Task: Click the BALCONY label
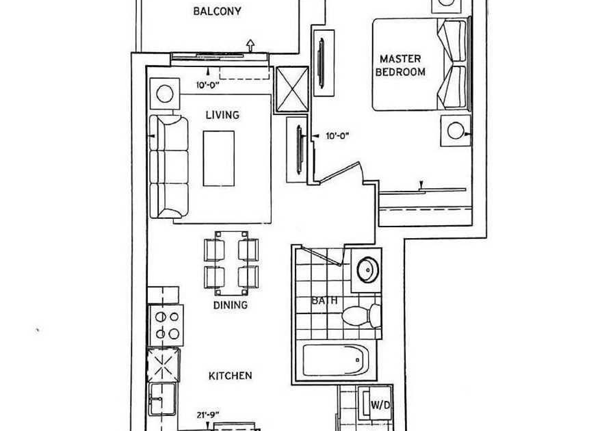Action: pyautogui.click(x=217, y=11)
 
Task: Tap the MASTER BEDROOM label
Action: pyautogui.click(x=400, y=66)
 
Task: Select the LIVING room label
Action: pyautogui.click(x=222, y=115)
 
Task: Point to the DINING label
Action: pyautogui.click(x=231, y=304)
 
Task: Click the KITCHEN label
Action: pyautogui.click(x=231, y=376)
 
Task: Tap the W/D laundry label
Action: pyautogui.click(x=380, y=405)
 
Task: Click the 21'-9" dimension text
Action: pyautogui.click(x=208, y=415)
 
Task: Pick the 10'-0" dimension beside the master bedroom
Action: pyautogui.click(x=337, y=136)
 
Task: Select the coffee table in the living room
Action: pyautogui.click(x=219, y=159)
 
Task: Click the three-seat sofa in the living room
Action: pyautogui.click(x=169, y=166)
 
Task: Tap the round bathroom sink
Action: pyautogui.click(x=368, y=270)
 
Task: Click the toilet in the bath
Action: pyautogui.click(x=361, y=315)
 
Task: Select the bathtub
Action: pyautogui.click(x=336, y=360)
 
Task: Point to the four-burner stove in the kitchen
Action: pyautogui.click(x=166, y=325)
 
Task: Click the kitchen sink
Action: pyautogui.click(x=162, y=398)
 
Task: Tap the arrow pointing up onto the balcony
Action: pyautogui.click(x=250, y=45)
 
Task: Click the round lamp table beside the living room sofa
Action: pyautogui.click(x=165, y=94)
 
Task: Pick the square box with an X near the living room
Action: pyautogui.click(x=293, y=90)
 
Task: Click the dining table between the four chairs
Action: pyautogui.click(x=231, y=263)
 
